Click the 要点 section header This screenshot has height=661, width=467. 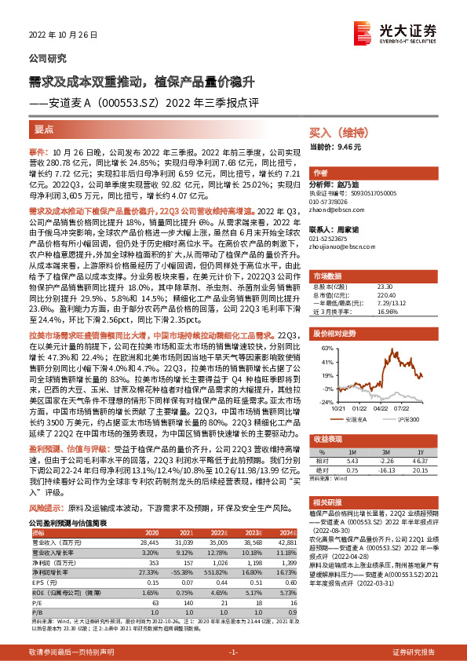click(45, 129)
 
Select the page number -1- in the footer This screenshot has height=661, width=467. click(233, 653)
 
